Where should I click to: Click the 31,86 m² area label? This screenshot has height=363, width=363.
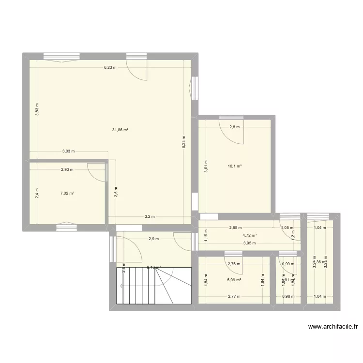120,130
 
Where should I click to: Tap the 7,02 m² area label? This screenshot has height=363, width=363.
67,194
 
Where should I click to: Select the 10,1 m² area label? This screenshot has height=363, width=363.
235,166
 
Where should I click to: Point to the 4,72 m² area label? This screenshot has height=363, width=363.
250,236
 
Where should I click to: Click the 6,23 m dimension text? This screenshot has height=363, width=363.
110,68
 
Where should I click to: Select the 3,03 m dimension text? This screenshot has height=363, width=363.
68,151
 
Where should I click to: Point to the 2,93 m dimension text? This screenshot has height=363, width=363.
67,169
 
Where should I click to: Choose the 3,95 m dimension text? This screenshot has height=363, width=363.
249,243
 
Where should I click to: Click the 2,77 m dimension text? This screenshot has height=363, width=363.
234,296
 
